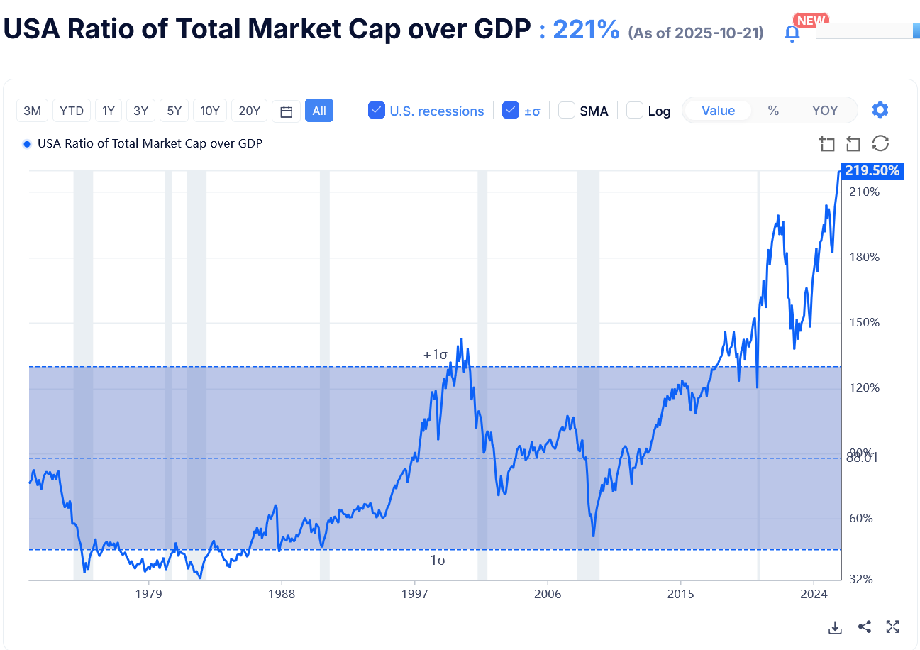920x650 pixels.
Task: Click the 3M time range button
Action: (33, 111)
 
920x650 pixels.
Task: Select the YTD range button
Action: (72, 111)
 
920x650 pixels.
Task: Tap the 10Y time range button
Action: (210, 111)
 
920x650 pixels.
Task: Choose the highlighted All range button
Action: (319, 111)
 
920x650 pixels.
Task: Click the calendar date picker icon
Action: (287, 111)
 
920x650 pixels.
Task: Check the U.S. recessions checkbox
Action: (377, 111)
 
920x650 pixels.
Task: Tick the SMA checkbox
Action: (566, 111)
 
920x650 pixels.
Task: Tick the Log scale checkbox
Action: (635, 111)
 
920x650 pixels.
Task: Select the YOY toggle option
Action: (825, 111)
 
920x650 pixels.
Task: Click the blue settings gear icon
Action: (880, 110)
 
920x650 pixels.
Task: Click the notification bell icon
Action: (792, 33)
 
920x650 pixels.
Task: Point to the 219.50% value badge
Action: (872, 171)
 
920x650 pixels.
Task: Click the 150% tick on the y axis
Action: (865, 323)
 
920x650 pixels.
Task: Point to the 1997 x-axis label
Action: (414, 593)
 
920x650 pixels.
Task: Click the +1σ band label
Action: (435, 354)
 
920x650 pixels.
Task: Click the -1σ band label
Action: (435, 561)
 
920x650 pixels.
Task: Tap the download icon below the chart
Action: (835, 627)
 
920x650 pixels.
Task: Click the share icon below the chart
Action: (864, 627)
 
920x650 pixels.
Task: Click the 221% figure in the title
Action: (586, 30)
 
